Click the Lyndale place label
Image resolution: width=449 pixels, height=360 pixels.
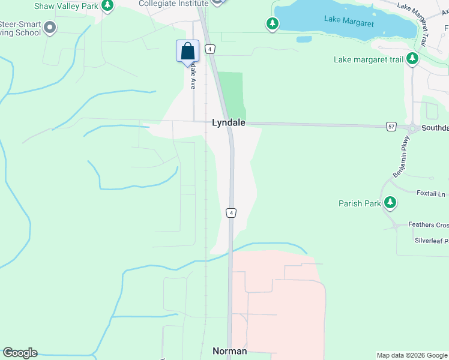coord(228,122)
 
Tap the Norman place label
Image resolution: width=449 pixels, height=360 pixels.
coord(229,351)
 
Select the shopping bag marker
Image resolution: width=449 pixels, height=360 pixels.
coord(188,51)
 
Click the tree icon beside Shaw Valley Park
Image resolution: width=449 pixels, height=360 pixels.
coord(107,6)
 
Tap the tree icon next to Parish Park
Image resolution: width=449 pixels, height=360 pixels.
coord(391,203)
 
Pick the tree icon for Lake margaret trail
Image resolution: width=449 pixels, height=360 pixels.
coord(412,59)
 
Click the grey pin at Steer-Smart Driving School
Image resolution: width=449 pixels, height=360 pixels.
coord(50,28)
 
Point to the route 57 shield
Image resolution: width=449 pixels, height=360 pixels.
coord(391,127)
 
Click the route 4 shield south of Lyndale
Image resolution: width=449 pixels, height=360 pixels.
coord(231,212)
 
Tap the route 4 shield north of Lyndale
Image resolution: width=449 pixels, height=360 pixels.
coord(210,49)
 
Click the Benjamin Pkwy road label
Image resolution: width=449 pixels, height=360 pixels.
coord(401,156)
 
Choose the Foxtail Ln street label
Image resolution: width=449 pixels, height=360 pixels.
coord(432,193)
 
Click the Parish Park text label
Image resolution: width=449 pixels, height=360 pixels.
coord(359,203)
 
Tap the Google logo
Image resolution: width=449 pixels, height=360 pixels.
coord(20,353)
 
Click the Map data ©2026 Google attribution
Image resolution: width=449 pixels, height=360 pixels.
coord(412,355)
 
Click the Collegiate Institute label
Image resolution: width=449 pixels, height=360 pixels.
coord(173,4)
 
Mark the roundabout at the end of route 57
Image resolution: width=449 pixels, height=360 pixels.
coord(413,128)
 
